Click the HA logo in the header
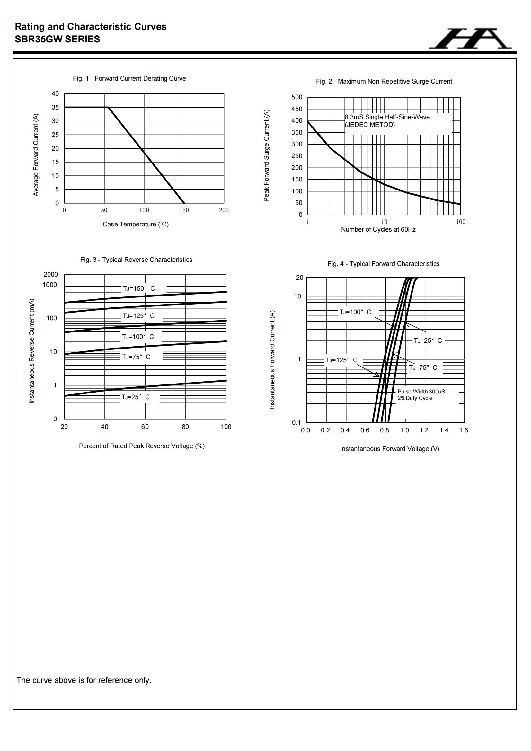click(470, 39)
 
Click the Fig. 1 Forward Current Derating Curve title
click(129, 78)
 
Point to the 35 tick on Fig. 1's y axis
click(55, 107)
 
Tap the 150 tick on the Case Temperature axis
click(184, 210)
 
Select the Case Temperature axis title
click(136, 225)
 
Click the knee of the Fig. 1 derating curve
click(108, 107)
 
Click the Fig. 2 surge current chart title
click(384, 82)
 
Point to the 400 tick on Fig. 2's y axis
click(297, 121)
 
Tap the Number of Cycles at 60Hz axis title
click(378, 230)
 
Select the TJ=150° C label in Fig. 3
click(139, 288)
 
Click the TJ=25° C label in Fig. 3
click(136, 397)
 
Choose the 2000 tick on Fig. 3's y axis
click(51, 274)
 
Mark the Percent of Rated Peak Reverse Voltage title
click(142, 446)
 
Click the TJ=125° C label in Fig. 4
click(341, 360)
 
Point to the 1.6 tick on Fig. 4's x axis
click(464, 430)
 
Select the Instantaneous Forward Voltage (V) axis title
click(389, 449)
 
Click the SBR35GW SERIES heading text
click(58, 39)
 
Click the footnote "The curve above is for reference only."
click(84, 681)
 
